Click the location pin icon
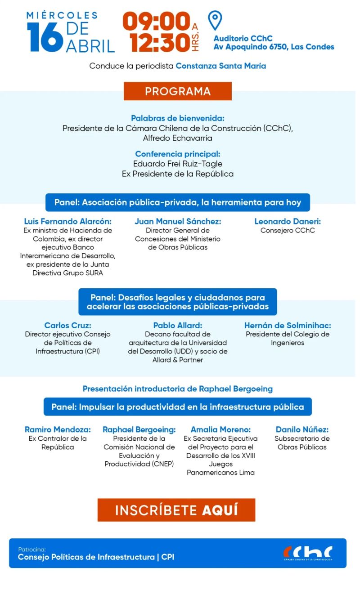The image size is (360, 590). (215, 20)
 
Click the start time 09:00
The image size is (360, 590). (156, 21)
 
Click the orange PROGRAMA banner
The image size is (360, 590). (178, 91)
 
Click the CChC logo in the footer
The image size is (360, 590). (308, 553)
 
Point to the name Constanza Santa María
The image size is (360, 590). (220, 66)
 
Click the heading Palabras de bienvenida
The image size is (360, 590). (178, 118)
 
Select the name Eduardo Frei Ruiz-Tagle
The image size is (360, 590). (178, 164)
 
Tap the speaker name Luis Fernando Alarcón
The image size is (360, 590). (67, 221)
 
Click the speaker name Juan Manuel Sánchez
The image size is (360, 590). (178, 221)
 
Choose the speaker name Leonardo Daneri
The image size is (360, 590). (288, 221)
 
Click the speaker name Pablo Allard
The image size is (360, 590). (178, 325)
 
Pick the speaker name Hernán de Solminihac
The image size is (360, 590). (288, 325)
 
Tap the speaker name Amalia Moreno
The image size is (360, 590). (220, 429)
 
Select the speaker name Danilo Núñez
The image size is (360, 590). (302, 429)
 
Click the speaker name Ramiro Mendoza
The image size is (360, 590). (58, 429)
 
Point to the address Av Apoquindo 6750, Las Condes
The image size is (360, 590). (274, 47)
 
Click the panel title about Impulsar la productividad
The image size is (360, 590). (178, 407)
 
